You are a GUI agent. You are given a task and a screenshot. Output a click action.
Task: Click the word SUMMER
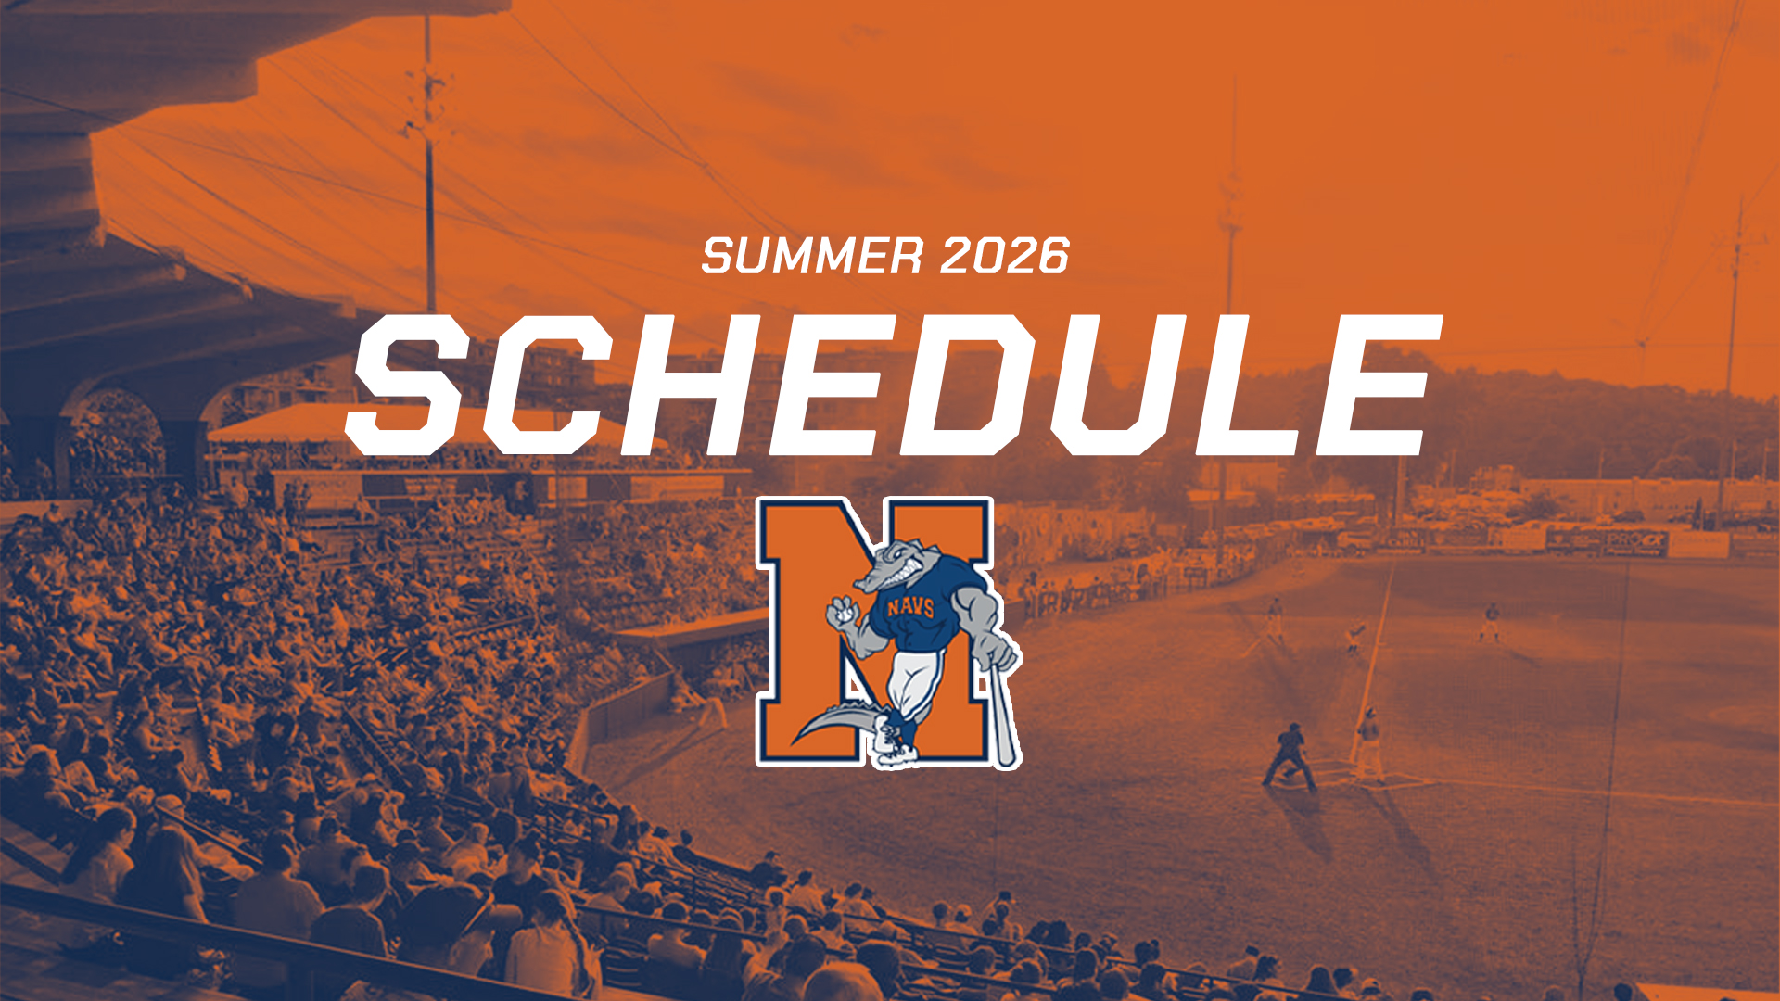(x=813, y=256)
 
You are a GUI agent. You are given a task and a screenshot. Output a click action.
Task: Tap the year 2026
(x=1005, y=256)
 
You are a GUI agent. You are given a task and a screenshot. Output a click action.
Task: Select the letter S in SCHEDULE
(x=409, y=385)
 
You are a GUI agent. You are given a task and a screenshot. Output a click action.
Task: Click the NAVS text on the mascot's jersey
(x=910, y=607)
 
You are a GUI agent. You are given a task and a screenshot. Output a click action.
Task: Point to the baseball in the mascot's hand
(x=843, y=613)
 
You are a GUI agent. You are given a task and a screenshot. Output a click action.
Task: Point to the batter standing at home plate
(x=1367, y=742)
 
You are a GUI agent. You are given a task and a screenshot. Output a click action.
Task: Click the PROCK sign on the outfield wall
(x=1636, y=541)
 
